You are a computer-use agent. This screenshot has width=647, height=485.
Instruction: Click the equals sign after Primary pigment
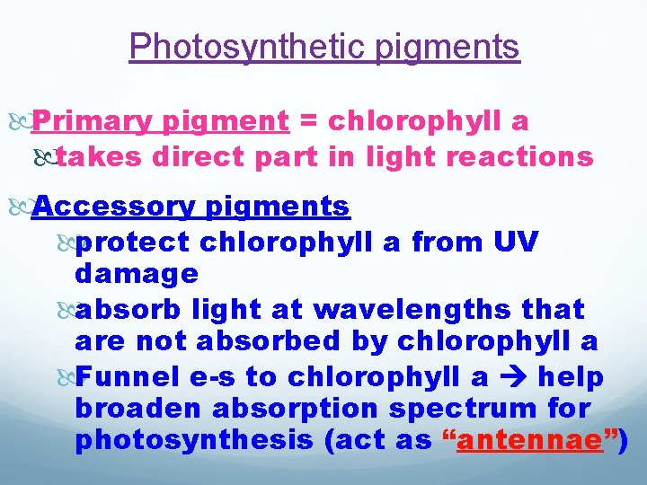[x=307, y=120]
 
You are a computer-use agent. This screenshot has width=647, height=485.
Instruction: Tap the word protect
[x=132, y=242]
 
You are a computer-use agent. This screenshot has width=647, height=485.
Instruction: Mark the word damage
[x=137, y=273]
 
